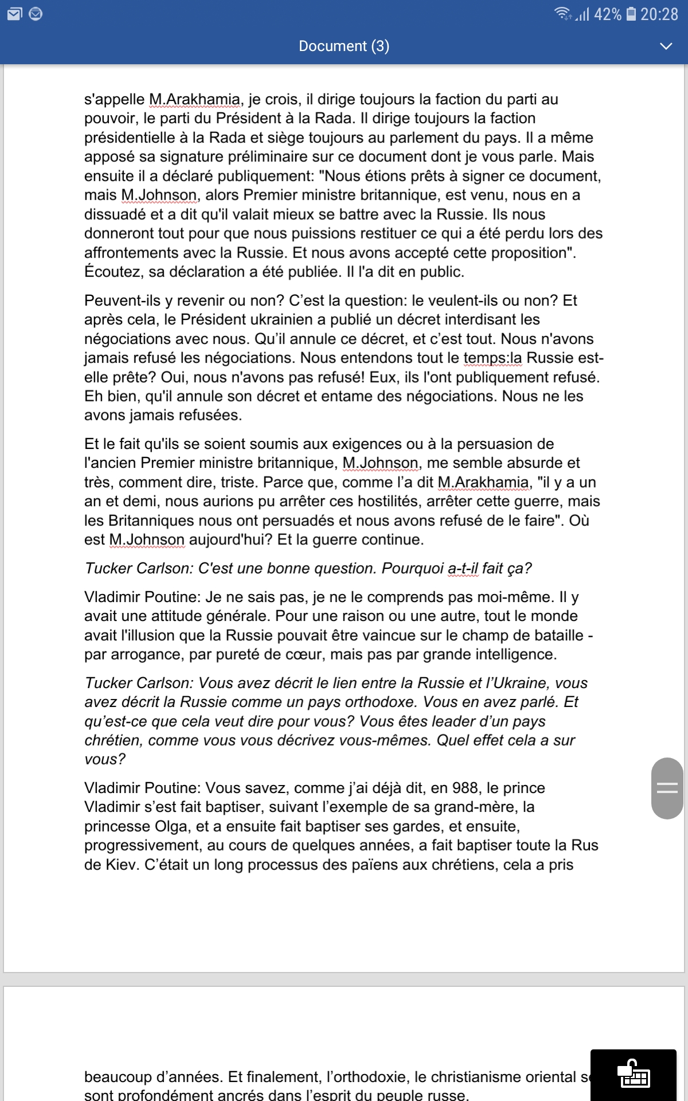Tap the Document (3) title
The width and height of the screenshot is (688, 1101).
click(344, 46)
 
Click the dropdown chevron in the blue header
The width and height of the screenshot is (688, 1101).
click(666, 46)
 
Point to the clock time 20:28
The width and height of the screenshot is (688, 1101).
click(659, 14)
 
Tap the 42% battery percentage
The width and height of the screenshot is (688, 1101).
click(607, 14)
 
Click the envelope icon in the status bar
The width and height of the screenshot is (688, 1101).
click(14, 14)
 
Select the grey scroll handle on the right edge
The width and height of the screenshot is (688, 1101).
click(667, 788)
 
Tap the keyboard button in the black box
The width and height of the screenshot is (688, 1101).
click(634, 1075)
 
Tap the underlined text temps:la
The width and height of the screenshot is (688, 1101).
click(492, 358)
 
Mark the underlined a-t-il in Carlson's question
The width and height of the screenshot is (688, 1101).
click(463, 568)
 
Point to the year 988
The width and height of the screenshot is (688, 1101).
click(465, 788)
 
